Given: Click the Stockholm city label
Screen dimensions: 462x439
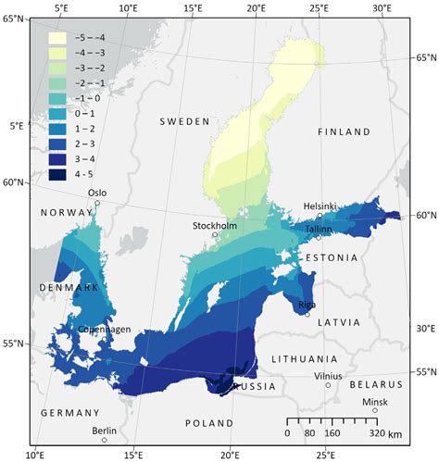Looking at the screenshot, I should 215,225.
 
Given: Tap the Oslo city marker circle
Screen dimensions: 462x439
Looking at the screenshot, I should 97,203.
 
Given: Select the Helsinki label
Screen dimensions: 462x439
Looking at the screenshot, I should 320,206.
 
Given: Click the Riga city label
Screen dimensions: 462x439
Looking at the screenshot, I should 307,304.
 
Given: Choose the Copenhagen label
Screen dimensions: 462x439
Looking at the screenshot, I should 105,329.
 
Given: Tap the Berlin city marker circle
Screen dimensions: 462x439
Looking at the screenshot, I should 105,440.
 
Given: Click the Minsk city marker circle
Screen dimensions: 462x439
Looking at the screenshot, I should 375,410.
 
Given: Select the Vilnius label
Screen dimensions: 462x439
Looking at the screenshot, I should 327,376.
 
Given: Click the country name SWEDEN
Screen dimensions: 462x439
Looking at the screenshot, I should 185,121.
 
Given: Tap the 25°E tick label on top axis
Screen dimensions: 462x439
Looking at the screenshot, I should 320,7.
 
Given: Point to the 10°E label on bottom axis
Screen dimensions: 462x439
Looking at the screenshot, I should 36,455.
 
